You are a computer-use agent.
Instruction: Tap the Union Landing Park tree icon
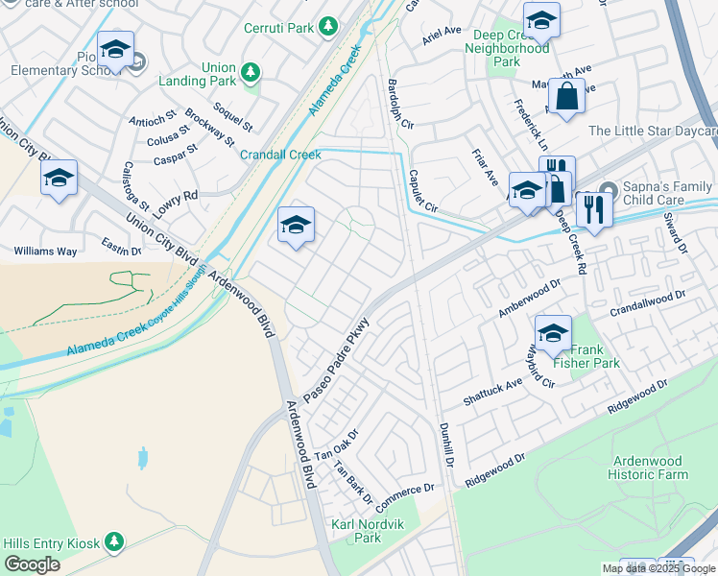point(251,72)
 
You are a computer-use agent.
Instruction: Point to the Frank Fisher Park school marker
point(553,334)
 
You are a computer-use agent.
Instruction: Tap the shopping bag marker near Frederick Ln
point(566,97)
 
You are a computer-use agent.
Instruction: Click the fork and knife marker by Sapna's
point(594,208)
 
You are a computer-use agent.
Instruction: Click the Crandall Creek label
point(279,155)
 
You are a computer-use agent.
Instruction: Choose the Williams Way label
point(45,252)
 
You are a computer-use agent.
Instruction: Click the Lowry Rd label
point(178,196)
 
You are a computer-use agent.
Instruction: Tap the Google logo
point(32,564)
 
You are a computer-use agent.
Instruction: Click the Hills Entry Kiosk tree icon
point(114,542)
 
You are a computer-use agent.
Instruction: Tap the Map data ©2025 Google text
point(658,568)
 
